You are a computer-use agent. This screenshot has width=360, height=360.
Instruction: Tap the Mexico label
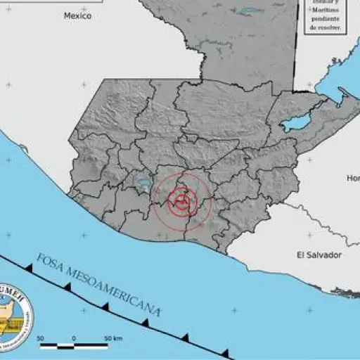77,15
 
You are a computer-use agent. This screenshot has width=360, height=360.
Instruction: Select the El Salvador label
319,255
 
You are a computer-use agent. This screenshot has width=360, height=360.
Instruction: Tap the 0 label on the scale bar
74,339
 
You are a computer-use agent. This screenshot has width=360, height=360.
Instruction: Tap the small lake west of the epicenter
144,182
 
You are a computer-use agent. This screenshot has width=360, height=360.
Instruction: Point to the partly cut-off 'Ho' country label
352,179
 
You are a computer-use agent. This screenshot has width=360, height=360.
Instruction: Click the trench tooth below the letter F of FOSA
29,268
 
